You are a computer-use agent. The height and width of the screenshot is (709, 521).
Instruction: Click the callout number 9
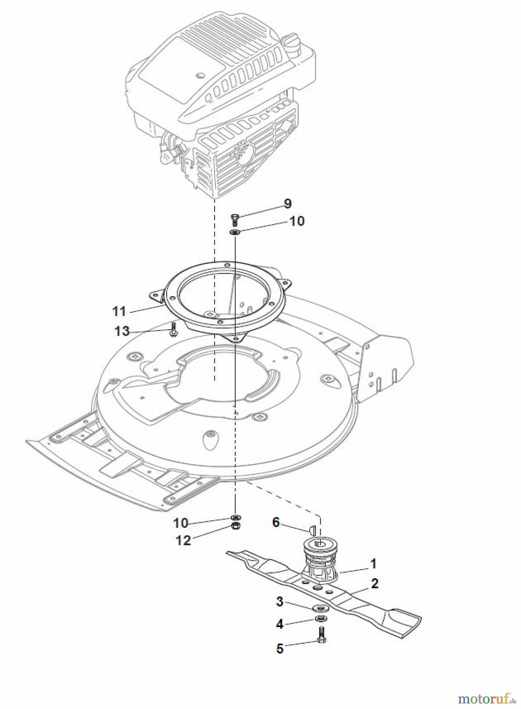tap(287, 204)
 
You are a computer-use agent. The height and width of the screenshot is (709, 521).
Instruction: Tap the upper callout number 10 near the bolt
tap(297, 221)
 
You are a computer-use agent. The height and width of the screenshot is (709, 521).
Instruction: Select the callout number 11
tap(119, 311)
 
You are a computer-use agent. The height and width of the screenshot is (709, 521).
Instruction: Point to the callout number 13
tap(122, 331)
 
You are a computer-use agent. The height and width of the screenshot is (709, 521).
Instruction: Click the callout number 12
tap(183, 540)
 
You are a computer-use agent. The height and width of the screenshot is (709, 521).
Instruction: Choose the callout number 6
tap(276, 522)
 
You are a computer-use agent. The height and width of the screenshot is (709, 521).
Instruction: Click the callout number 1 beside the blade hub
tap(373, 563)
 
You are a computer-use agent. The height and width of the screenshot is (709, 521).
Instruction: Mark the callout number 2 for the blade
tap(375, 583)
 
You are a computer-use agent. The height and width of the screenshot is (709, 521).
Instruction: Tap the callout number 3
tap(280, 601)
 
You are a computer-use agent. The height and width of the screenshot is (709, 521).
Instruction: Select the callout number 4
tap(280, 624)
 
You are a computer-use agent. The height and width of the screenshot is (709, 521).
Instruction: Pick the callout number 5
tap(280, 648)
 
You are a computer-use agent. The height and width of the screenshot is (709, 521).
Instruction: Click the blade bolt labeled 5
tap(321, 635)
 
